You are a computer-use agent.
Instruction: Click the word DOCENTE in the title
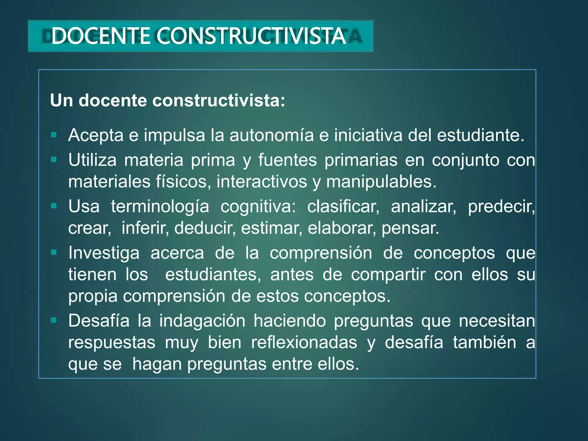[x=100, y=36]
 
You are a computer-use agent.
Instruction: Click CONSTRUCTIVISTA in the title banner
[x=251, y=36]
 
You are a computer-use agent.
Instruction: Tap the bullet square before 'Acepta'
[x=54, y=135]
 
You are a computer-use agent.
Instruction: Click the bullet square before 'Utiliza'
[x=54, y=160]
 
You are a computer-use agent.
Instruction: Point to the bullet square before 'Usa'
[x=54, y=206]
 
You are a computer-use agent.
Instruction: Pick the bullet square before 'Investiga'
[x=54, y=252]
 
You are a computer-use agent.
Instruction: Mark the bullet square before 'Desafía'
[x=54, y=320]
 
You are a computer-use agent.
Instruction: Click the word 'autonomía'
[x=272, y=135]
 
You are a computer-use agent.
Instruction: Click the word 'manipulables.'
[x=381, y=182]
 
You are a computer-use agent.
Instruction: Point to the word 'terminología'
[x=160, y=207]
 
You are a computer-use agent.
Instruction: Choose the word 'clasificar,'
[x=343, y=206]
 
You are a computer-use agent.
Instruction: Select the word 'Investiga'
[x=104, y=253]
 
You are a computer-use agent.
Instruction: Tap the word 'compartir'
[x=388, y=275]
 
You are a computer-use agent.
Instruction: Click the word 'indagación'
[x=202, y=321]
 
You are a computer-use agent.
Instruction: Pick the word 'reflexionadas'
[x=304, y=343]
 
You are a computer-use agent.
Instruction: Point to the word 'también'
[x=485, y=343]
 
